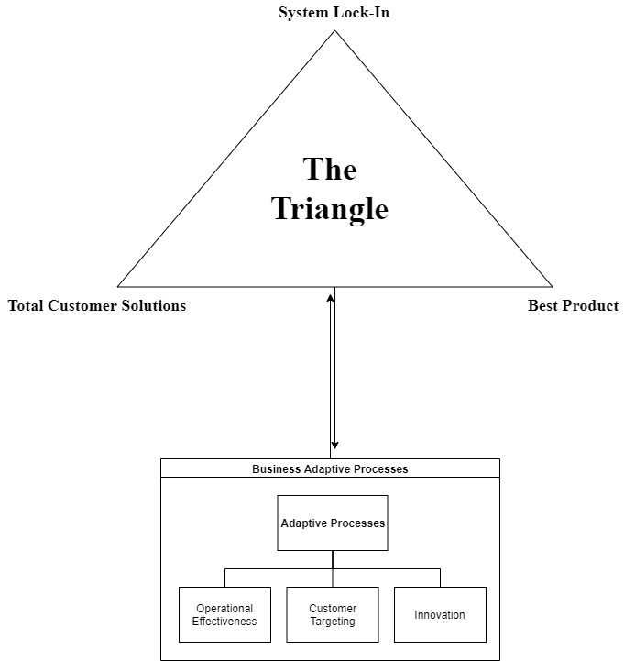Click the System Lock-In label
click(x=334, y=13)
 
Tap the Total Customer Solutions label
click(x=97, y=305)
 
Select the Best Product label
click(x=573, y=305)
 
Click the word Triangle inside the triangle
click(x=330, y=209)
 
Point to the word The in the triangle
click(x=330, y=170)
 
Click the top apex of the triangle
click(x=334, y=31)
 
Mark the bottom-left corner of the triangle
click(x=119, y=286)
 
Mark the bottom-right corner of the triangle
click(x=552, y=286)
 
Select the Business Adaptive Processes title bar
click(x=330, y=468)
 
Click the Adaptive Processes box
click(x=333, y=523)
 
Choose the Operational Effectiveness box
click(x=224, y=614)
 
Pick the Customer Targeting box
click(x=333, y=614)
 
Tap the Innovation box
click(x=440, y=614)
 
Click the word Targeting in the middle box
click(x=333, y=622)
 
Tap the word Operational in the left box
click(x=224, y=609)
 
